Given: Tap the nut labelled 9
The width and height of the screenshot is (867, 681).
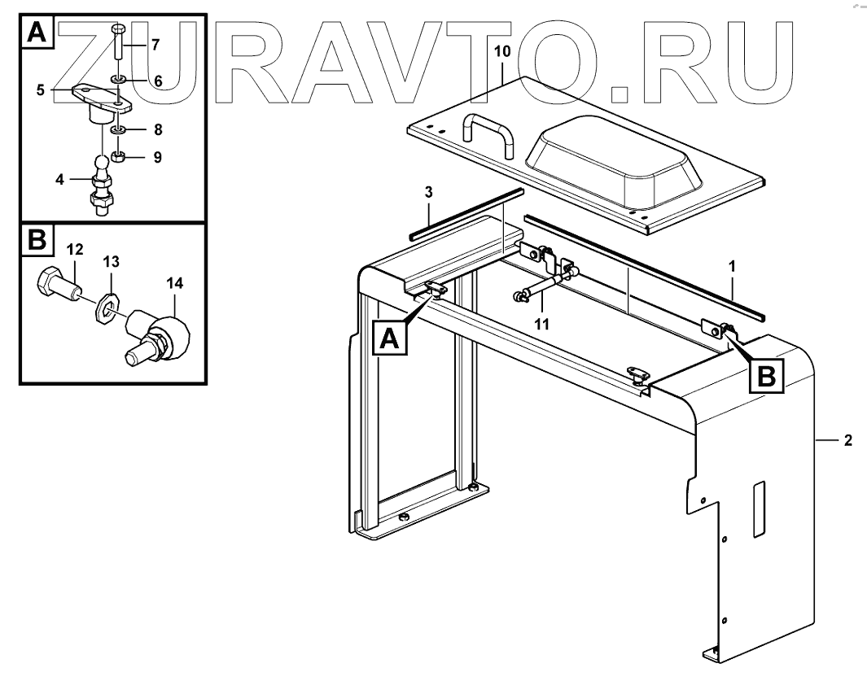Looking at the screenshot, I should click(x=118, y=155).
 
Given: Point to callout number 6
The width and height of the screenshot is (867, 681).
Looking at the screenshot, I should click(x=157, y=81).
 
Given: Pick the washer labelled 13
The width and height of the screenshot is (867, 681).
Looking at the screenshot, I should click(x=105, y=308).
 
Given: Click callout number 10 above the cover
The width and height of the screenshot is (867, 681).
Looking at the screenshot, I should click(x=502, y=51).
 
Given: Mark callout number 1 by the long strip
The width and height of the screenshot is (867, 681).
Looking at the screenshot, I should click(x=732, y=264).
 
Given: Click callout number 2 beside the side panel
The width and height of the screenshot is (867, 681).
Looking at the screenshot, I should click(x=847, y=440).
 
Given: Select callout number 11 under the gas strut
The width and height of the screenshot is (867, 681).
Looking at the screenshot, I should click(x=541, y=323).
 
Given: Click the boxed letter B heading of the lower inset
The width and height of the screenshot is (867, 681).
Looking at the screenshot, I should click(x=37, y=242).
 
